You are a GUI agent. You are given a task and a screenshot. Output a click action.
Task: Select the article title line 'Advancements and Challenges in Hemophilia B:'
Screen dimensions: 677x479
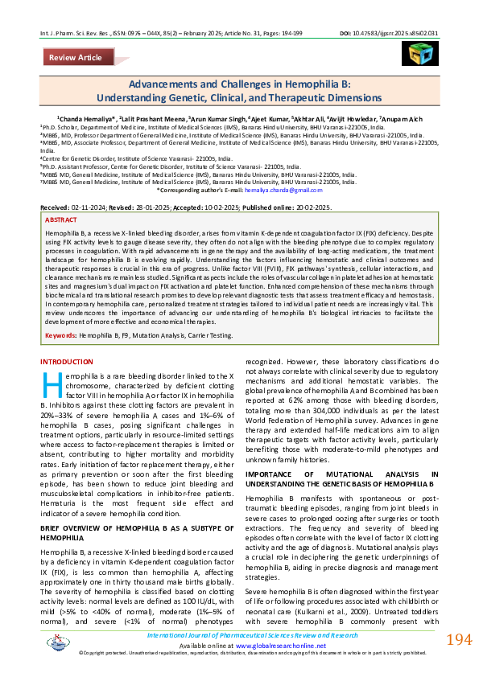click(239, 84)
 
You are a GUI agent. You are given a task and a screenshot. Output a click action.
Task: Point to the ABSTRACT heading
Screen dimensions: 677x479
click(62, 220)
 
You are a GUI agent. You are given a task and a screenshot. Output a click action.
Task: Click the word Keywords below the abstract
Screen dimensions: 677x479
click(61, 334)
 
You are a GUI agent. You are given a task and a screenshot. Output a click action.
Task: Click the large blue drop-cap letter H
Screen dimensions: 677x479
click(52, 385)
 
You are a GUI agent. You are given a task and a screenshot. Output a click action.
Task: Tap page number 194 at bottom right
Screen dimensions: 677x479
click(457, 640)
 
